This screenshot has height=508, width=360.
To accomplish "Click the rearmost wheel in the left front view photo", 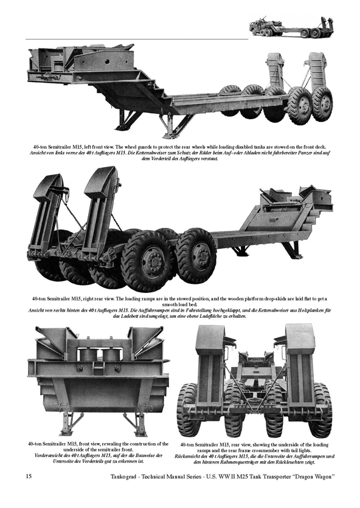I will pyautogui.click(x=322, y=104).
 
